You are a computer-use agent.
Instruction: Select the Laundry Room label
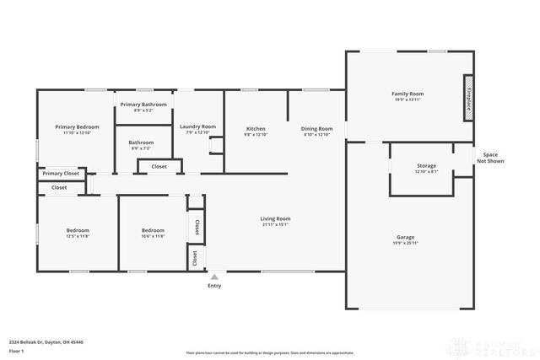197,126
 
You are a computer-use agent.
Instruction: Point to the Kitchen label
255,129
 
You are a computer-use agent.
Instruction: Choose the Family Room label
407,94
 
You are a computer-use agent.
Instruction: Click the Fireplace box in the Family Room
466,94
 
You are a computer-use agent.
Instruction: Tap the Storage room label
426,166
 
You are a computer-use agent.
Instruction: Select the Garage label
405,237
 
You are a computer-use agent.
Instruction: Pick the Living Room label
275,218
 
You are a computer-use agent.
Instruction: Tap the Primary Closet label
60,173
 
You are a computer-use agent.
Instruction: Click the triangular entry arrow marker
214,276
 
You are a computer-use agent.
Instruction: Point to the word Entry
214,286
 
